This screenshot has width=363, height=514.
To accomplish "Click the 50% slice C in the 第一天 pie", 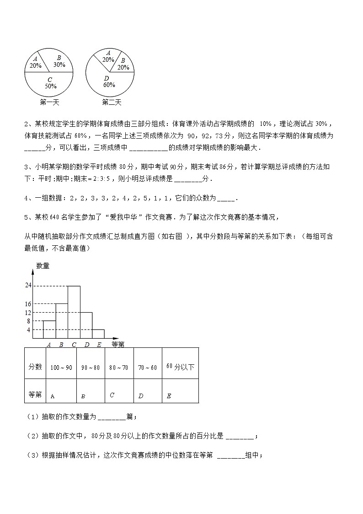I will point(49,84).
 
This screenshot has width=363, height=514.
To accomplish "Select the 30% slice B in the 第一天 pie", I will point(59,61).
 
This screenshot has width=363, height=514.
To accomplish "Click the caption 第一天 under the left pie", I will point(49,102).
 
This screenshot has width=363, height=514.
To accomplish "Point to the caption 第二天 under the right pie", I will point(112,102).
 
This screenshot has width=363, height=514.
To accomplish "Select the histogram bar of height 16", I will point(62,321).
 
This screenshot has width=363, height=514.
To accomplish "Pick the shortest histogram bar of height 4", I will point(98,334).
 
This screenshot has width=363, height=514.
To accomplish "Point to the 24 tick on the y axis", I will point(28,286).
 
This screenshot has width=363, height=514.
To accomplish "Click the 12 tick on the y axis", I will point(28,313).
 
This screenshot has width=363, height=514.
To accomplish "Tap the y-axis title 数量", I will point(43,266).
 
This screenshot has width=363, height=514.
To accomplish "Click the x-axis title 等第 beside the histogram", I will point(118,344).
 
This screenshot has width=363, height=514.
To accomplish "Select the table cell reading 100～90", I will point(61,368).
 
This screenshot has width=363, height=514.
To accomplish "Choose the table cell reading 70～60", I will point(147,368).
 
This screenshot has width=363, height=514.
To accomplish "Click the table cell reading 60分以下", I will point(180,367).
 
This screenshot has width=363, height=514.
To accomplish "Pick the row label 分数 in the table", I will point(35,367).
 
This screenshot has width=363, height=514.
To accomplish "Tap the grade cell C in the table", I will point(112,395).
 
